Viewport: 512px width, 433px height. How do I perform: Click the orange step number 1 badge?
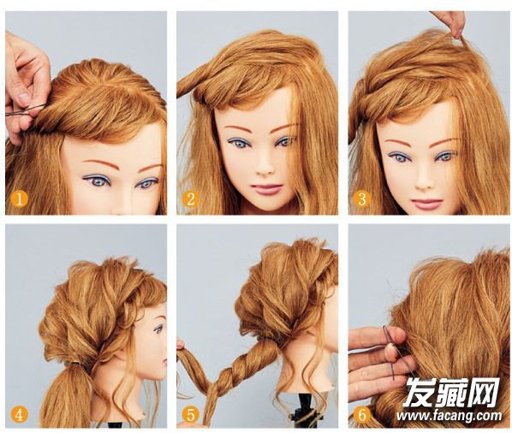(20, 199)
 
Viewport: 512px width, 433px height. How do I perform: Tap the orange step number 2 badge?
(191, 199)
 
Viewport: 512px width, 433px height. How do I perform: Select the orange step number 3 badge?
(362, 199)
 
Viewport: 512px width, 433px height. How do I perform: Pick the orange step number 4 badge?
(20, 415)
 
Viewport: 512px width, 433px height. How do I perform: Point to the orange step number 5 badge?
(191, 415)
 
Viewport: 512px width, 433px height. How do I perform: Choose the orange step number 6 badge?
(362, 415)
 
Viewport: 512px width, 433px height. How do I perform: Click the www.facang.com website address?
(449, 416)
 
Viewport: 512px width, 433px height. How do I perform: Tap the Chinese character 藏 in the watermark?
(451, 393)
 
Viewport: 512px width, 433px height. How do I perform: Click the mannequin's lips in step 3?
(426, 204)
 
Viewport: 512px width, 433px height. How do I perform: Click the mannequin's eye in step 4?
(158, 329)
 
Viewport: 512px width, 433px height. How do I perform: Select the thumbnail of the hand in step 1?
(23, 98)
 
